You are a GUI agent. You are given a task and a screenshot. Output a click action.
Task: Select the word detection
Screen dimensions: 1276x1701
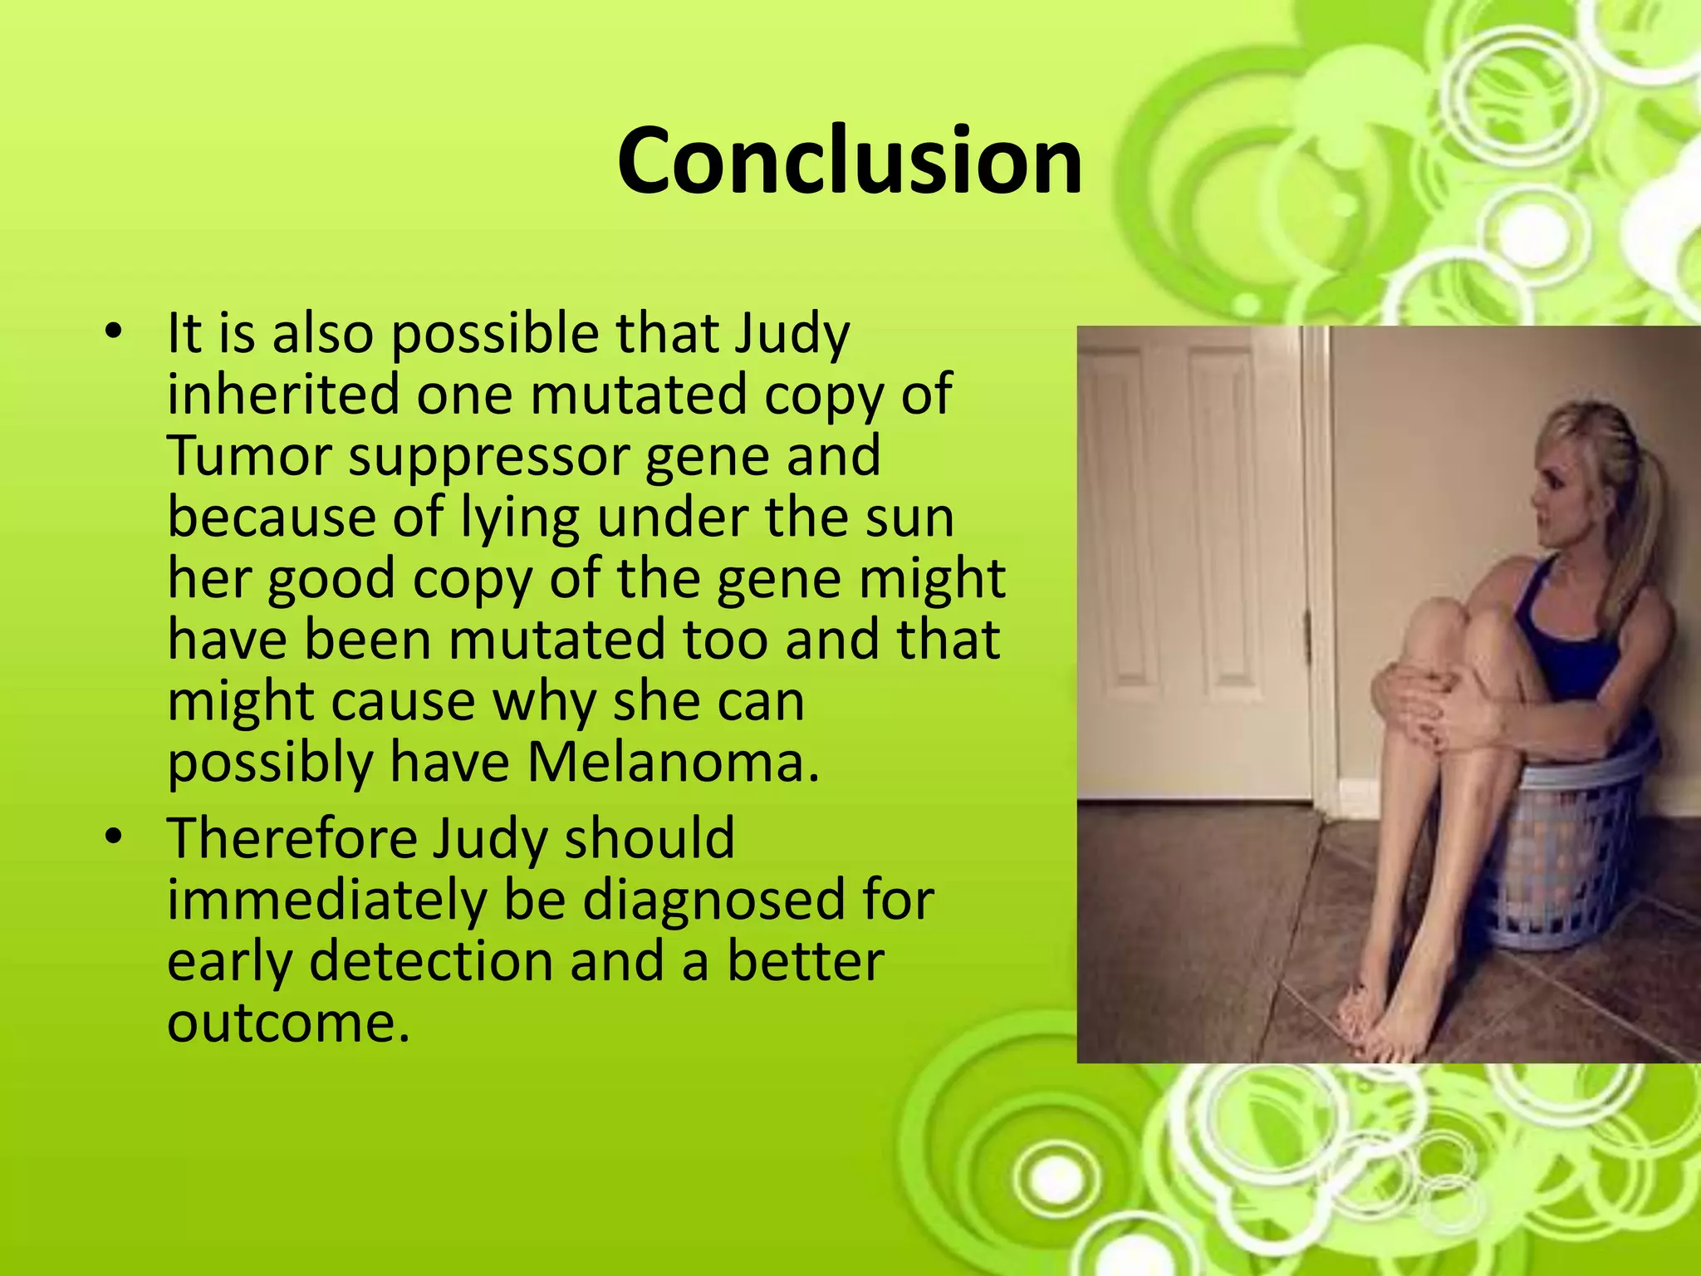pyautogui.click(x=430, y=962)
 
